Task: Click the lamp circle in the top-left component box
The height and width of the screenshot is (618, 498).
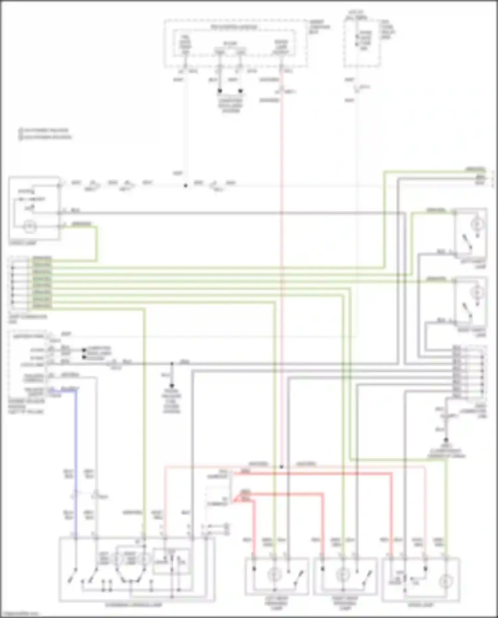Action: click(x=30, y=226)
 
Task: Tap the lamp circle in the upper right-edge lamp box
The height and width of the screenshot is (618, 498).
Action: click(x=477, y=224)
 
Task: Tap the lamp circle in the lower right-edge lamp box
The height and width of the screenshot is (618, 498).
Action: click(x=477, y=293)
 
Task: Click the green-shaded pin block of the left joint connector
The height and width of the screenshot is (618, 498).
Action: click(x=42, y=282)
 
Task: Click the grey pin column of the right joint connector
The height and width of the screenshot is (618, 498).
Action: click(x=456, y=372)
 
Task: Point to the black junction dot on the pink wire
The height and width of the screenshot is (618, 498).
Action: click(x=281, y=467)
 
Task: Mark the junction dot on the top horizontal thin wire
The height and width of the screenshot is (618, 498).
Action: click(x=186, y=186)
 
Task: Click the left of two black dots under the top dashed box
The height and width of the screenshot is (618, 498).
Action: click(x=219, y=91)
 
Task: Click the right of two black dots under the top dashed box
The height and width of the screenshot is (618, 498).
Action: click(x=240, y=91)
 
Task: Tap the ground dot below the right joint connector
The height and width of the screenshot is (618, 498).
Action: click(x=446, y=440)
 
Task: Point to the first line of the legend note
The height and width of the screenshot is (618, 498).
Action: click(x=45, y=131)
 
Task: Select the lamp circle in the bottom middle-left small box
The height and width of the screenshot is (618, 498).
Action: click(x=274, y=574)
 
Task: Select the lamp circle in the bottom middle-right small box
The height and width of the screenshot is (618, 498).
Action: click(x=343, y=574)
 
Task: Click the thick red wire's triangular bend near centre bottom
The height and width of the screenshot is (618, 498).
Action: click(x=237, y=498)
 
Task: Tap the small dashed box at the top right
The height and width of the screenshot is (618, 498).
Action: click(x=362, y=43)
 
